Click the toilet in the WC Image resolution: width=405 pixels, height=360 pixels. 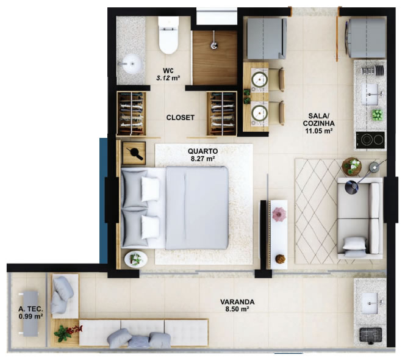pyautogui.click(x=169, y=35)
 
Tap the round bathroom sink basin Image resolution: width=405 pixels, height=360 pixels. pyautogui.click(x=132, y=64)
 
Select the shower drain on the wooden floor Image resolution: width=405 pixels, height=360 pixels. pyautogui.click(x=213, y=46)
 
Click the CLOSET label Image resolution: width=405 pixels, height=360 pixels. pyautogui.click(x=181, y=118)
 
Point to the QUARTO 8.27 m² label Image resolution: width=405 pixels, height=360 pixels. pyautogui.click(x=202, y=154)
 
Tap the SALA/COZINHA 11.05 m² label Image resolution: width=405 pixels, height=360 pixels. pyautogui.click(x=319, y=123)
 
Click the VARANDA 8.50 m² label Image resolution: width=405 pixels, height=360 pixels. pyautogui.click(x=237, y=305)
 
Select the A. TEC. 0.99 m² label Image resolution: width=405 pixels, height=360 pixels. pyautogui.click(x=30, y=312)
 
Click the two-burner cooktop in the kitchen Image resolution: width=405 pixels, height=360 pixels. pyautogui.click(x=370, y=140)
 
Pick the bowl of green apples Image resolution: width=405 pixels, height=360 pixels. pyautogui.click(x=378, y=115)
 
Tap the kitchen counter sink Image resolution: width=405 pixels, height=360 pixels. pyautogui.click(x=370, y=95)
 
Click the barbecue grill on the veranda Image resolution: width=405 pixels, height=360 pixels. pyautogui.click(x=371, y=334)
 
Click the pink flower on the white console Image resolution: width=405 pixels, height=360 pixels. pyautogui.click(x=279, y=214)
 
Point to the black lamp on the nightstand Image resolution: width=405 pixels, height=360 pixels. pyautogui.click(x=136, y=153)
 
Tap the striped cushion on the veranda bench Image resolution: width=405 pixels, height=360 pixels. pyautogui.click(x=139, y=342)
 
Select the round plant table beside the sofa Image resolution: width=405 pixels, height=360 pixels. pyautogui.click(x=352, y=167)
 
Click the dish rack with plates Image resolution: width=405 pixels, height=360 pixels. pyautogui.click(x=373, y=70)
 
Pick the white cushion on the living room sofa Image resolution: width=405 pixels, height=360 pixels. pyautogui.click(x=354, y=243)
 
